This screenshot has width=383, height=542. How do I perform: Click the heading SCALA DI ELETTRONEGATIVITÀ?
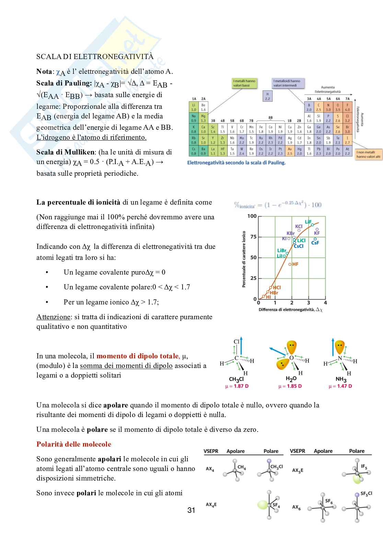click(95, 57)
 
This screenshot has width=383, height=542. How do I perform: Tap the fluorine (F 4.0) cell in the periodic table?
click(347, 107)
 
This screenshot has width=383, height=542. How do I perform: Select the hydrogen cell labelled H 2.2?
click(267, 96)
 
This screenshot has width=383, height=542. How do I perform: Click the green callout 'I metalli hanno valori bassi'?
click(245, 83)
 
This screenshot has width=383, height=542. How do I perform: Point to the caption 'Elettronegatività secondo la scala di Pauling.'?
click(236, 163)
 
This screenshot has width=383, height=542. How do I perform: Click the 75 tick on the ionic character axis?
click(253, 237)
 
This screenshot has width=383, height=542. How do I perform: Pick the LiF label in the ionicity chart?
click(308, 222)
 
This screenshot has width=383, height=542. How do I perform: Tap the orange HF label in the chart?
click(295, 264)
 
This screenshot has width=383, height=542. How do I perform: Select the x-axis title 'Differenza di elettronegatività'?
click(290, 310)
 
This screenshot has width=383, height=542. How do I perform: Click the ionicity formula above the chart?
click(278, 205)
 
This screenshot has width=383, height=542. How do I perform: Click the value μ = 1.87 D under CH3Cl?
click(237, 386)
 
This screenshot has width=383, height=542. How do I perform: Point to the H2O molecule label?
click(291, 379)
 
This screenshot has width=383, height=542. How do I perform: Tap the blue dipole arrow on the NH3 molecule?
click(333, 347)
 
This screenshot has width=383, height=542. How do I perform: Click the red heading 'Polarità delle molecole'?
click(74, 444)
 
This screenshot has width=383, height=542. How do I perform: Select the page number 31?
click(191, 510)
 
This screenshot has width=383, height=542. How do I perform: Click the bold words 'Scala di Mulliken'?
click(65, 152)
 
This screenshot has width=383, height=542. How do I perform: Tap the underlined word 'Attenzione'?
click(54, 317)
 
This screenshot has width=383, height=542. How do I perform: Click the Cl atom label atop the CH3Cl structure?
click(236, 342)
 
